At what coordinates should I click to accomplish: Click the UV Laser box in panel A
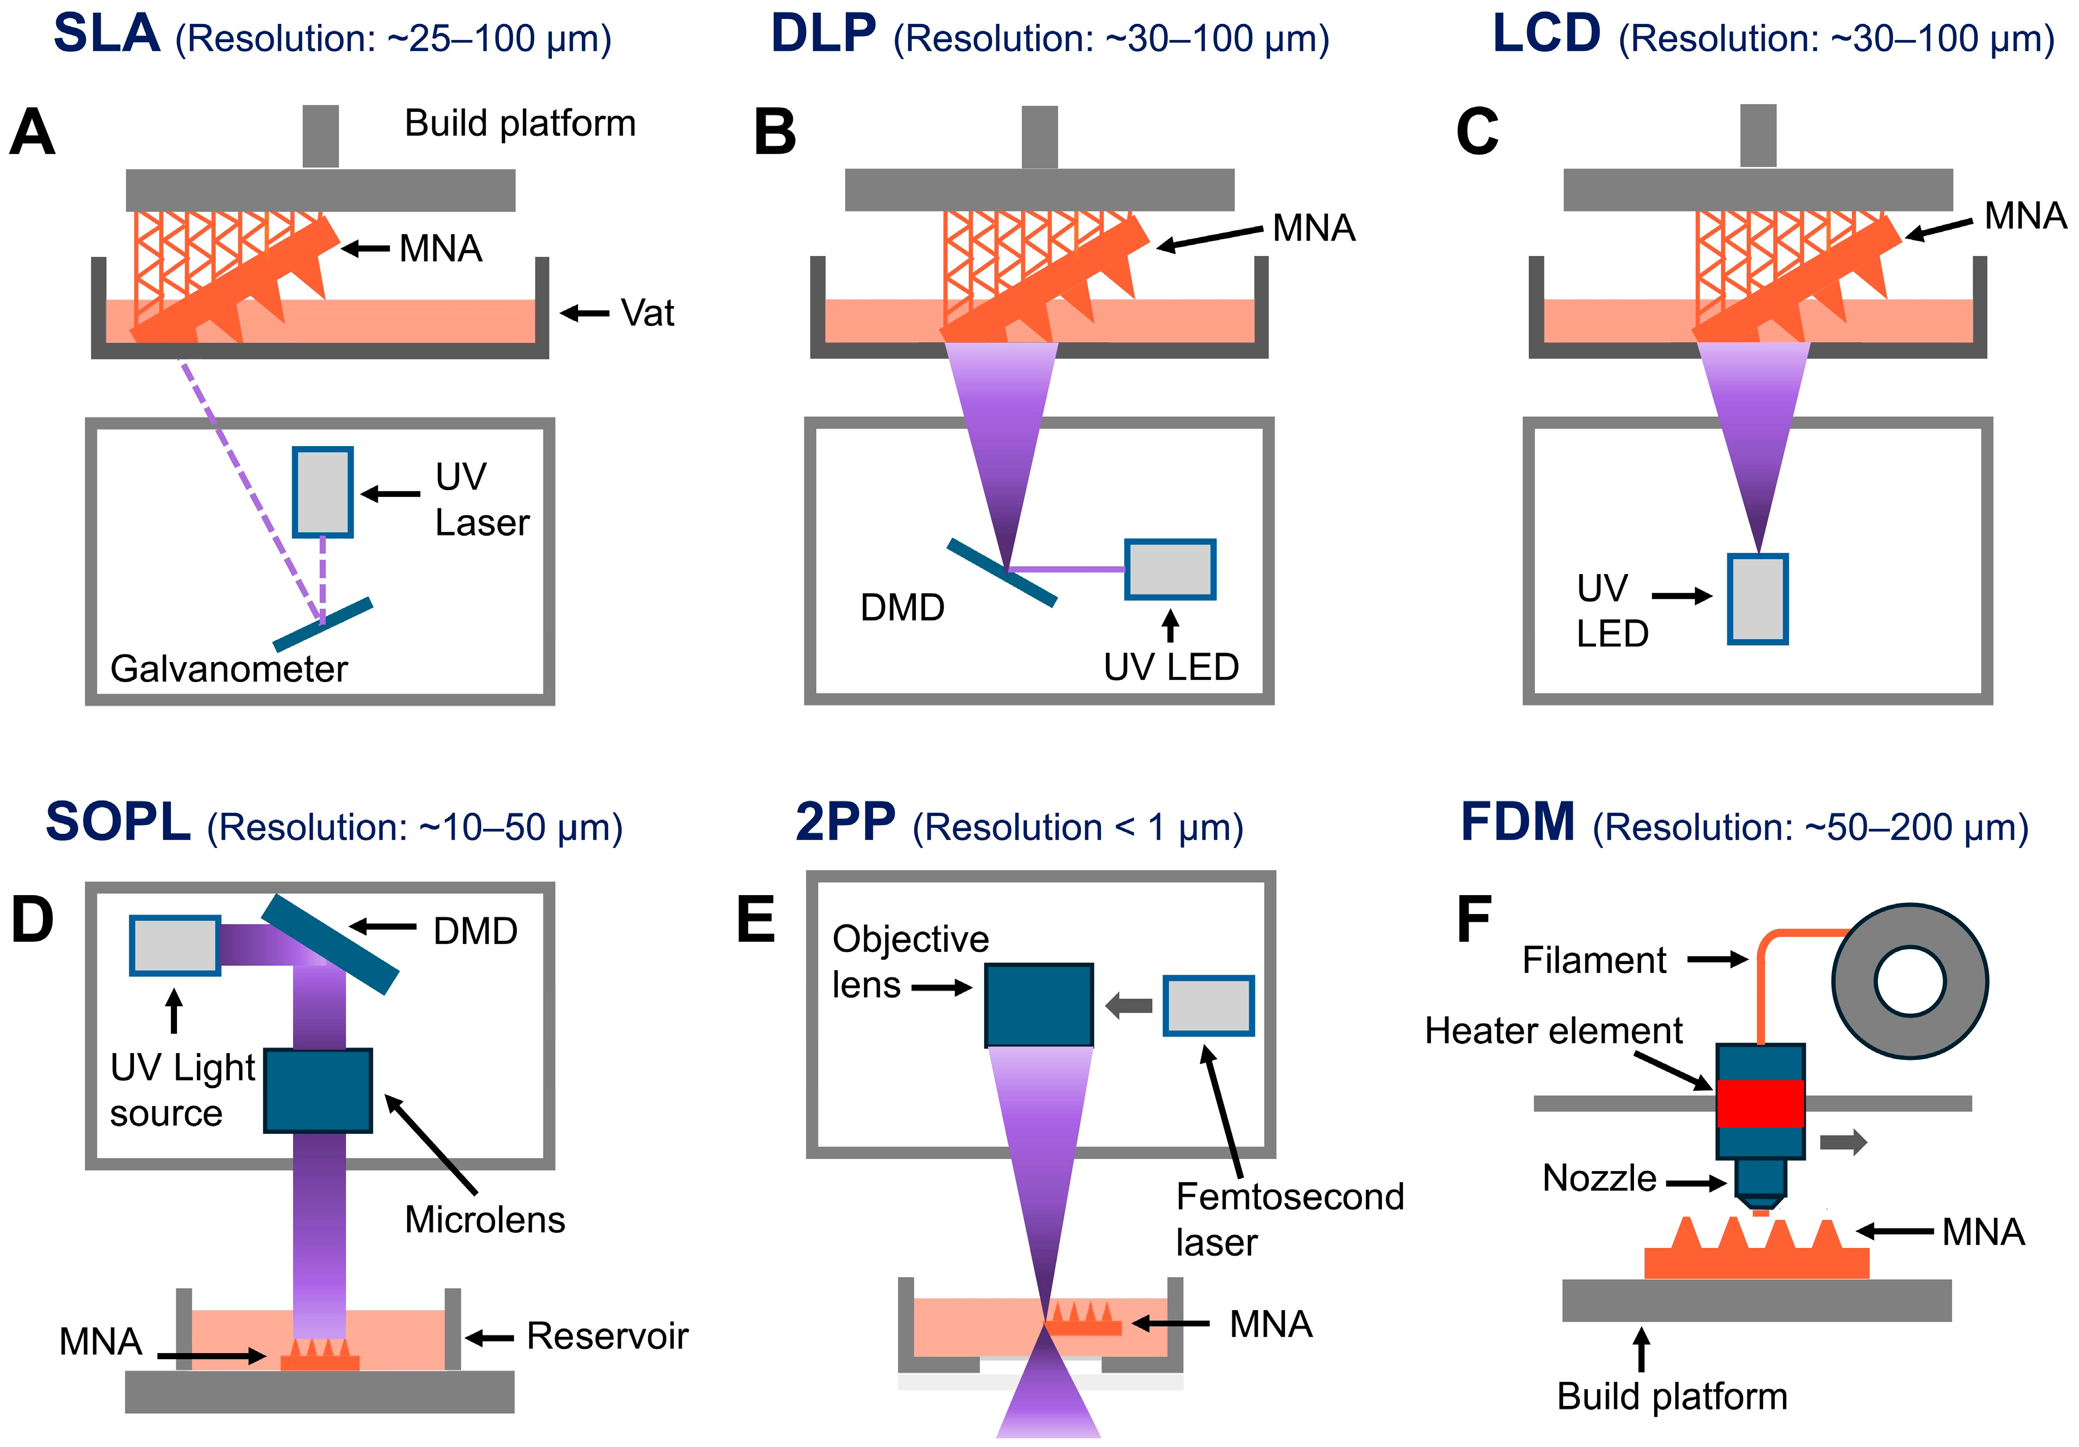pos(322,492)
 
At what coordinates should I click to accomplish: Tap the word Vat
pos(648,313)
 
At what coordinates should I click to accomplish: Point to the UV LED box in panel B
pos(1170,570)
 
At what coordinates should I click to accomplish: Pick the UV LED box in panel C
pos(1757,599)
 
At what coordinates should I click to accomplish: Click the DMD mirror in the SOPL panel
pos(330,945)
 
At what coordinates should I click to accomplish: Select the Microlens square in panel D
pos(318,1090)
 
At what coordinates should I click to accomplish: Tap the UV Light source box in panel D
pos(175,945)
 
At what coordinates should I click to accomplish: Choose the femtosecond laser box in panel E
pos(1208,1005)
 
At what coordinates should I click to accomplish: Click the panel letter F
pos(1474,920)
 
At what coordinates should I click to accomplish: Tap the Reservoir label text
pos(608,1336)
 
